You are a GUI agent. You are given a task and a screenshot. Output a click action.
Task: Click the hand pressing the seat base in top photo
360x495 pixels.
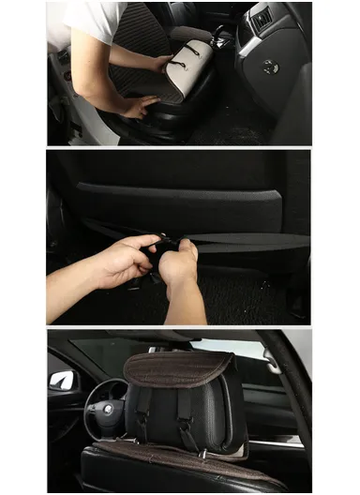[x=139, y=107]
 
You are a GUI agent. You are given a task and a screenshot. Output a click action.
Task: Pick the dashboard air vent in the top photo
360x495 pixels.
[x=262, y=17]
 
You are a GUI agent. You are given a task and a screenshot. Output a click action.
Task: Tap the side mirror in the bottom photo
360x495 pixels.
[x=63, y=380]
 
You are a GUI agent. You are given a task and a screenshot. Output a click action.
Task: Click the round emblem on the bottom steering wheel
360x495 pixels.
[x=107, y=409]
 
